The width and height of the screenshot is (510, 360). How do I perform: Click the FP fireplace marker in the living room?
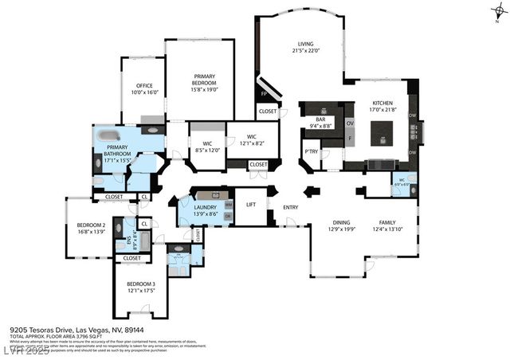click(264, 93)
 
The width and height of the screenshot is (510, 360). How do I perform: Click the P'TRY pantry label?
click(311, 151)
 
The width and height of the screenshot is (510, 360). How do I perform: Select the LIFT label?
click(251, 204)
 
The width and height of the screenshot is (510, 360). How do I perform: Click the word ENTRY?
click(290, 207)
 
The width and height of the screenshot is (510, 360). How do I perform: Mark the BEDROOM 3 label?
click(140, 286)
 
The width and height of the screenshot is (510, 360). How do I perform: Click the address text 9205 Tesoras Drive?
click(41, 328)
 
